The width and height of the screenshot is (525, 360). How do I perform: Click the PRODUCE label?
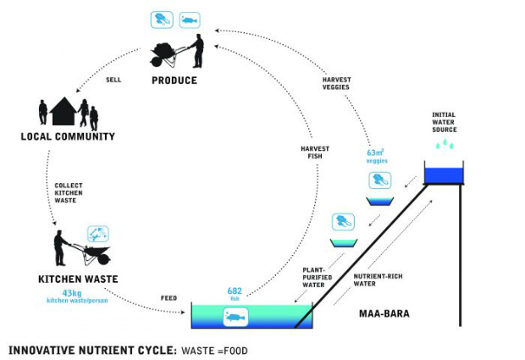174,80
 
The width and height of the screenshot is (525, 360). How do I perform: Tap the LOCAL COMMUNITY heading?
69,136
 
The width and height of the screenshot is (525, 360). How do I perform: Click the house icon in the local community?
63,112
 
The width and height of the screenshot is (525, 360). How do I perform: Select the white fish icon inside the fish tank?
235,317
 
